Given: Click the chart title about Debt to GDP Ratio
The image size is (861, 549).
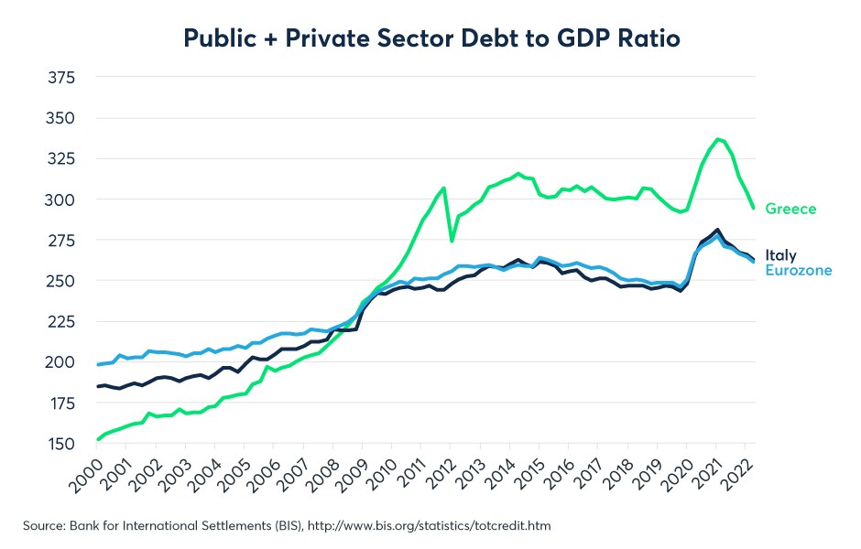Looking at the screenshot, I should point(430,38).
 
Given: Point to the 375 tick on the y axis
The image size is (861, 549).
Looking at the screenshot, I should point(62,78).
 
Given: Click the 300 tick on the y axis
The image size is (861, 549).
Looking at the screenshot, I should point(62,199).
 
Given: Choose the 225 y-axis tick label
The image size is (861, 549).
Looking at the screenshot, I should point(62,321).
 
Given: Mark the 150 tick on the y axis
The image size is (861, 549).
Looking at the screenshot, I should point(62,443).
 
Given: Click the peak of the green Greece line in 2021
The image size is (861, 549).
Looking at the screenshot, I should point(717,139).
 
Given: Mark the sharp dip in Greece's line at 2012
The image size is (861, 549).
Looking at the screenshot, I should point(451,241).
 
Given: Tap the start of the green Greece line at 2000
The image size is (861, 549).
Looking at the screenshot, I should point(98,439).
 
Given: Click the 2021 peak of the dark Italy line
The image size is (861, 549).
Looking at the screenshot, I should point(716,230).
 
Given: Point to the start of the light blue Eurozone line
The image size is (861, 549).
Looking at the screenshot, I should point(98,364).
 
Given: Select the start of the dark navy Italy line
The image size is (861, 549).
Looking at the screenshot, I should point(98,386).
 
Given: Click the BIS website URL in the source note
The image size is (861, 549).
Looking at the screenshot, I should point(430,526).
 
